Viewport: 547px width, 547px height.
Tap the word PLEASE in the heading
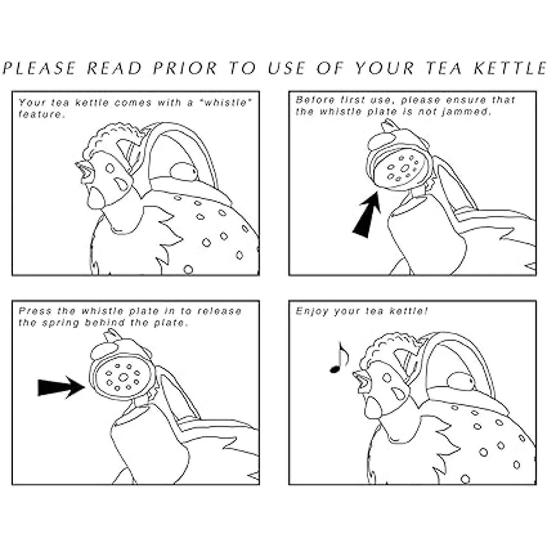(40, 68)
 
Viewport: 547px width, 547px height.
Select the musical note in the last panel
(339, 358)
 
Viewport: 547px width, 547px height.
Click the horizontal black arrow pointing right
(62, 387)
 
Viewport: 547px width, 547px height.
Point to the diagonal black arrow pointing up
(367, 215)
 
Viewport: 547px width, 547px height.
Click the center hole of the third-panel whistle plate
(123, 377)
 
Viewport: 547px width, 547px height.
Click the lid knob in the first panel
(183, 171)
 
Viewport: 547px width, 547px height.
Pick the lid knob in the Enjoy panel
(461, 381)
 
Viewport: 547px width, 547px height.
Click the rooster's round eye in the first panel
(110, 168)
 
